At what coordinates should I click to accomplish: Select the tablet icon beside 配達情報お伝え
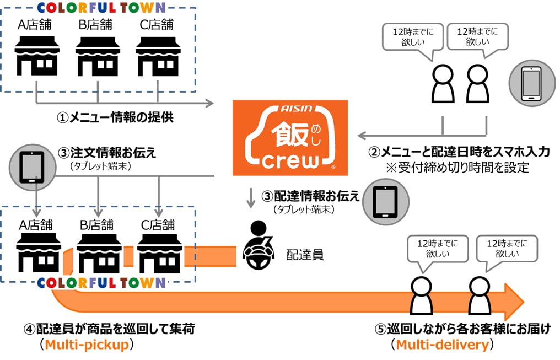pos(385,201)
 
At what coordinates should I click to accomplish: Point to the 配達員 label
pos(304,255)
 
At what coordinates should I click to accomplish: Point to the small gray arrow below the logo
pos(251,198)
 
